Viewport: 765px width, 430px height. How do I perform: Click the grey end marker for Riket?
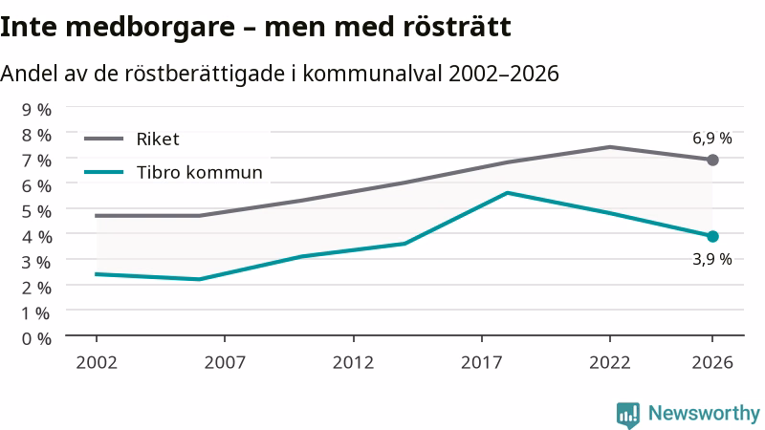coord(712,160)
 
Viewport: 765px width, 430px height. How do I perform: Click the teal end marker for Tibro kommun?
coord(712,236)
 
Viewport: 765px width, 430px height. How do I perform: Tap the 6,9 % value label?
coord(712,139)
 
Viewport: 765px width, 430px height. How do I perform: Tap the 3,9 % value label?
coord(712,259)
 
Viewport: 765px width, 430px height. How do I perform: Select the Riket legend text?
coord(158,140)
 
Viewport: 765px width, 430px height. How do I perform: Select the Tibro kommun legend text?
coord(200,173)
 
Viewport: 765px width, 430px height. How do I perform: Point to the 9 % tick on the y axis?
coord(36,110)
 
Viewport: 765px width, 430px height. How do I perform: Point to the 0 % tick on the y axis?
coord(36,338)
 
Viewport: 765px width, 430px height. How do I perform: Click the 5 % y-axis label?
coord(36,211)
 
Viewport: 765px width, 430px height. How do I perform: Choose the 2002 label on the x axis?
coord(97,363)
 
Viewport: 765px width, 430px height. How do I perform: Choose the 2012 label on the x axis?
coord(353,363)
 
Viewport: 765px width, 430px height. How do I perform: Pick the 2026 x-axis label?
coord(712,363)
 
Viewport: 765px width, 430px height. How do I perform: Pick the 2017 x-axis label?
coord(482,363)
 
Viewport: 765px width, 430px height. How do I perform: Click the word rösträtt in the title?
coord(457,27)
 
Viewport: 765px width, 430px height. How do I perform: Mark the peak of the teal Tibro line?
coord(508,193)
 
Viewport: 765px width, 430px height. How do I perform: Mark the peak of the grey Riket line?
coord(610,147)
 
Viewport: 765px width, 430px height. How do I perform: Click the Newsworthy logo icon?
coord(628,415)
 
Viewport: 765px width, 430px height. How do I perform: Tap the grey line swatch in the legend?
coord(103,139)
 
